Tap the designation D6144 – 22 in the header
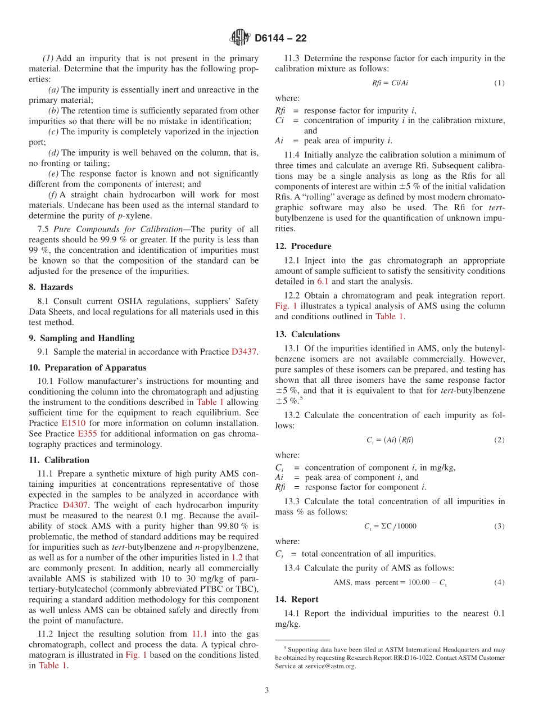280,38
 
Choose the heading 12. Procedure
303,246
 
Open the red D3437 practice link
244,352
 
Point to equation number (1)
499,83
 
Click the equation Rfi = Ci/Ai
390,83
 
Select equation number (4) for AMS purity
499,582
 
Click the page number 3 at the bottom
267,690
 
